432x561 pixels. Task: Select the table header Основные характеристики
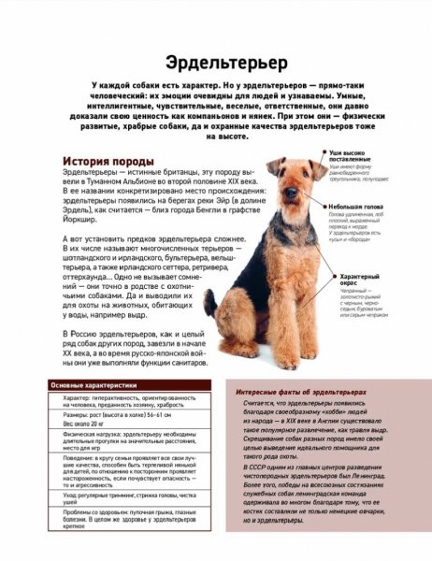click(94, 385)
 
